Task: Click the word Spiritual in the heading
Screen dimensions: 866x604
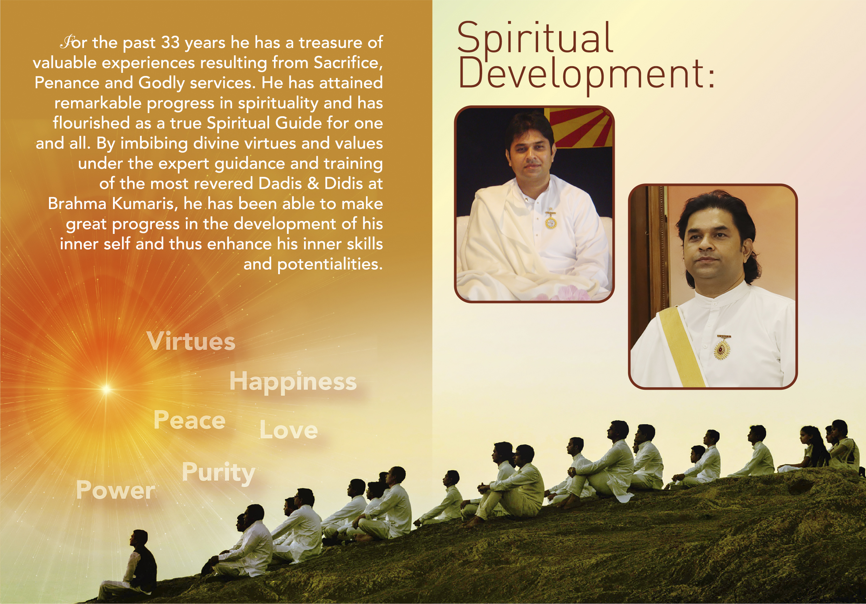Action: coord(535,39)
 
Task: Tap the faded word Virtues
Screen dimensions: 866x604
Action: coord(191,341)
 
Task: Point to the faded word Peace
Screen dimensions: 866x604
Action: coord(189,420)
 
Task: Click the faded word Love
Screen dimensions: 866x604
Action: coord(289,430)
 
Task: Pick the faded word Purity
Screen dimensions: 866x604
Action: coord(218,473)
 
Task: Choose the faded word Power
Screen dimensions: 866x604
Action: coord(115,490)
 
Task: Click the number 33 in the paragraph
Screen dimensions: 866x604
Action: coord(170,42)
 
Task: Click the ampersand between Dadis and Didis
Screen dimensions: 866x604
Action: coord(313,183)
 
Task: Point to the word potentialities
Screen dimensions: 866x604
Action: coord(330,264)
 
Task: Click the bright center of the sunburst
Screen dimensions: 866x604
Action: coord(106,388)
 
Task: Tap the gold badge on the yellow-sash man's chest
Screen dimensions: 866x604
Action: coord(722,348)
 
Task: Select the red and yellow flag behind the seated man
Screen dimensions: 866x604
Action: coord(580,127)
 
